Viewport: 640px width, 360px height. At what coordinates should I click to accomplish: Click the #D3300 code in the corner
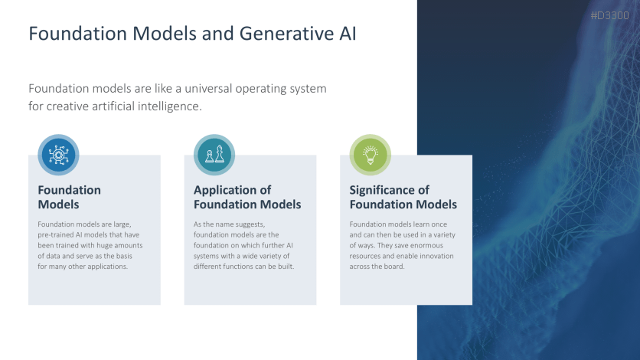pyautogui.click(x=611, y=15)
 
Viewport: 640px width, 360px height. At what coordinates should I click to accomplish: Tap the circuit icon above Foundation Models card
pyautogui.click(x=58, y=155)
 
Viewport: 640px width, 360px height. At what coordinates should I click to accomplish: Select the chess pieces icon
pyautogui.click(x=214, y=155)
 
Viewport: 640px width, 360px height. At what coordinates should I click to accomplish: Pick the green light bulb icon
pyautogui.click(x=371, y=155)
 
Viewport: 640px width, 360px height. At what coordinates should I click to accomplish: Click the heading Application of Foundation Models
pyautogui.click(x=247, y=197)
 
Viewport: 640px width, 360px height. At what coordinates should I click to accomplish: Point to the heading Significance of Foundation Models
pyautogui.click(x=403, y=197)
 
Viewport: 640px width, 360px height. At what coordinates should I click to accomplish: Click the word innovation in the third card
pyautogui.click(x=433, y=256)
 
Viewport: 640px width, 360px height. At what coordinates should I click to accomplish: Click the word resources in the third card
pyautogui.click(x=366, y=256)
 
